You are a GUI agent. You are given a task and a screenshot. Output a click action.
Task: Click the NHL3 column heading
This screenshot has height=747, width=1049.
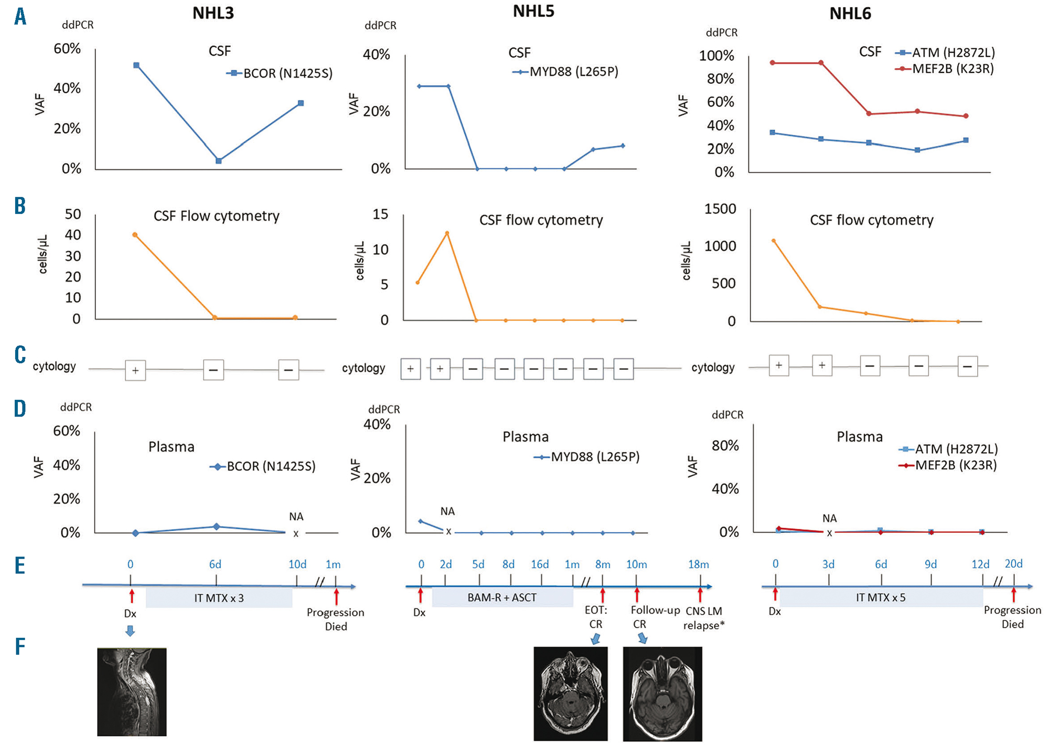213,13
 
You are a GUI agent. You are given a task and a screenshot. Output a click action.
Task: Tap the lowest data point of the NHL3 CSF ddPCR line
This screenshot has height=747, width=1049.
219,161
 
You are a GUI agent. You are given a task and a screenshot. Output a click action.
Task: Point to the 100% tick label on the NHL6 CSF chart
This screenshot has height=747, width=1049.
716,56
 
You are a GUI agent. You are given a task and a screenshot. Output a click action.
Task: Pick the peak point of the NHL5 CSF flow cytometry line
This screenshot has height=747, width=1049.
447,233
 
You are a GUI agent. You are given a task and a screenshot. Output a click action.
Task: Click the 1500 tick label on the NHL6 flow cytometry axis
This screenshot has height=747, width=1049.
720,209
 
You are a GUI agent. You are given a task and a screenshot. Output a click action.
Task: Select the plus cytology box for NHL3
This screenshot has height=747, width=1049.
135,370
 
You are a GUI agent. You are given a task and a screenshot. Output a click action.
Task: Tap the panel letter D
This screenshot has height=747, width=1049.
20,409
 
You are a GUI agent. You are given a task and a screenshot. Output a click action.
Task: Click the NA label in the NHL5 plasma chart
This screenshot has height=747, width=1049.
447,511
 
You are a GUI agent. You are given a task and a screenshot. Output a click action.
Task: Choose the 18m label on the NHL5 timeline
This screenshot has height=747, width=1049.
698,564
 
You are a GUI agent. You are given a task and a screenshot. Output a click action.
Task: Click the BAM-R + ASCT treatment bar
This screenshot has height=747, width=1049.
502,597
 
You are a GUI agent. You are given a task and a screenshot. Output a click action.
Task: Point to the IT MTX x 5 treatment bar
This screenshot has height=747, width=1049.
881,597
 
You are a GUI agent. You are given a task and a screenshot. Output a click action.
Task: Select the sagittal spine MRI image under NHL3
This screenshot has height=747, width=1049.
132,691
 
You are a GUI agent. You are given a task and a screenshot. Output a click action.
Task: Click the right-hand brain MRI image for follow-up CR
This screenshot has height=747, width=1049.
662,693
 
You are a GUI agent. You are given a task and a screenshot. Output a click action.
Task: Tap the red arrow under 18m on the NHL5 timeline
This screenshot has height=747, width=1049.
700,595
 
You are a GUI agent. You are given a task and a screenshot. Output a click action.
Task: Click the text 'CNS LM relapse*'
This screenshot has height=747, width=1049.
703,618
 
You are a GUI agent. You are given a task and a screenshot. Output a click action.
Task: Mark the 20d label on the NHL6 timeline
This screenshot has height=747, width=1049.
1013,564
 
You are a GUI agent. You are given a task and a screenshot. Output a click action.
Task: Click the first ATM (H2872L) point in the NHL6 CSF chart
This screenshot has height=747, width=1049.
772,133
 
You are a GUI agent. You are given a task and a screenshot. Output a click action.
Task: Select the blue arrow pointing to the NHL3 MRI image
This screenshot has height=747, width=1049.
130,631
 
